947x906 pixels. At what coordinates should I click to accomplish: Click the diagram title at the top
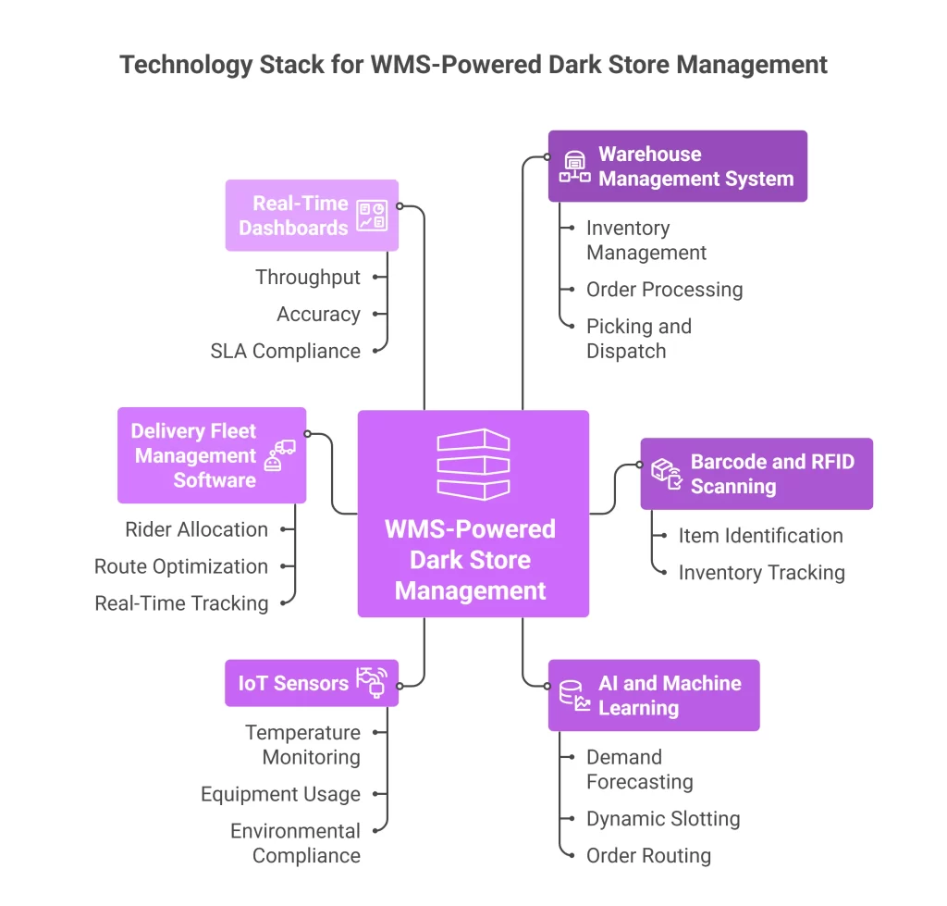tap(473, 65)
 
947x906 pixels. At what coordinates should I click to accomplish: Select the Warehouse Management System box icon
tap(575, 167)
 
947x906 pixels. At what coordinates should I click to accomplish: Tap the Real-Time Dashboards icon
tap(373, 216)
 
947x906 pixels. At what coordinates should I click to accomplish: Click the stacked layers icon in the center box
tap(473, 465)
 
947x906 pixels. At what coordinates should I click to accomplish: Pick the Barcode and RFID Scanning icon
tap(667, 474)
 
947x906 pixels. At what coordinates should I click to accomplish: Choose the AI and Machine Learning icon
tap(574, 696)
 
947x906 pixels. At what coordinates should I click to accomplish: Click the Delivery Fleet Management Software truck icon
tap(279, 454)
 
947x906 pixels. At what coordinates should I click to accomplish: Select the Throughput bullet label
tap(308, 277)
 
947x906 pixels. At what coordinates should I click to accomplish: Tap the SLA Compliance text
tap(285, 351)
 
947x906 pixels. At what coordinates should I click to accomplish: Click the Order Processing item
tap(664, 290)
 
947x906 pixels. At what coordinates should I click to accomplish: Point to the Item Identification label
tap(760, 536)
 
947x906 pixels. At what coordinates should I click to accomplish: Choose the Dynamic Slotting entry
tap(663, 819)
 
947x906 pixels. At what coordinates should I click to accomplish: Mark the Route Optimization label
tap(181, 566)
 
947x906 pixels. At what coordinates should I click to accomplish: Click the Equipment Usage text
tap(280, 794)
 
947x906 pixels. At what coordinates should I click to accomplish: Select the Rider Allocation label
tap(196, 529)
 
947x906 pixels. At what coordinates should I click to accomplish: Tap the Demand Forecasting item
tap(639, 769)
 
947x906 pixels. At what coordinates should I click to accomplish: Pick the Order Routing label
tap(648, 856)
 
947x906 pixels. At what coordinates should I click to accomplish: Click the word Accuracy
tap(318, 314)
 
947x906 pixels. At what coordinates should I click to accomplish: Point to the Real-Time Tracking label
tap(181, 603)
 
